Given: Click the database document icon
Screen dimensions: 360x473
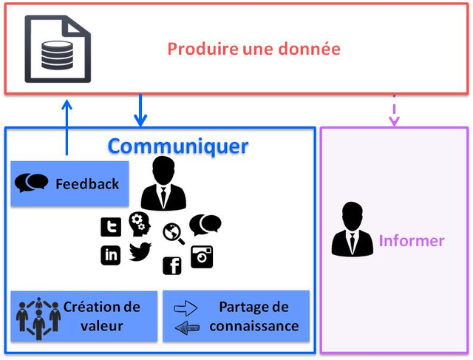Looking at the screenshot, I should [x=58, y=48].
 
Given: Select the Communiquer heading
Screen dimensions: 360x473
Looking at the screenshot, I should [x=178, y=146].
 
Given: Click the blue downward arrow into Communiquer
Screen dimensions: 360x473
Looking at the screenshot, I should [x=140, y=110].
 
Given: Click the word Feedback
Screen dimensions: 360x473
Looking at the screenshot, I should [x=87, y=184].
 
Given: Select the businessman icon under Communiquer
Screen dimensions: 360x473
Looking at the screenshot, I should [x=163, y=184].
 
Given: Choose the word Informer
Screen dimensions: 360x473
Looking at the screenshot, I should [x=412, y=241].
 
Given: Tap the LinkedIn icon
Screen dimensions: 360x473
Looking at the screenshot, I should [x=111, y=255].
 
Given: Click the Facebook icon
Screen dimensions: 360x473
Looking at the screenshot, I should [x=172, y=265].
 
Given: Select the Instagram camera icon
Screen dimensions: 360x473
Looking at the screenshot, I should [x=202, y=256].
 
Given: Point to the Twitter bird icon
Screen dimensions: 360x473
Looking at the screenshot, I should [x=140, y=251].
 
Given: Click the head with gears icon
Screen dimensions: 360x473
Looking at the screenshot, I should [x=139, y=224].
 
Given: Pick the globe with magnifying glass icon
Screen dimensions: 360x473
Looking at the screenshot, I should [x=174, y=233].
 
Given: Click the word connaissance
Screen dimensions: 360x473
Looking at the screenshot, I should [x=254, y=326].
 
